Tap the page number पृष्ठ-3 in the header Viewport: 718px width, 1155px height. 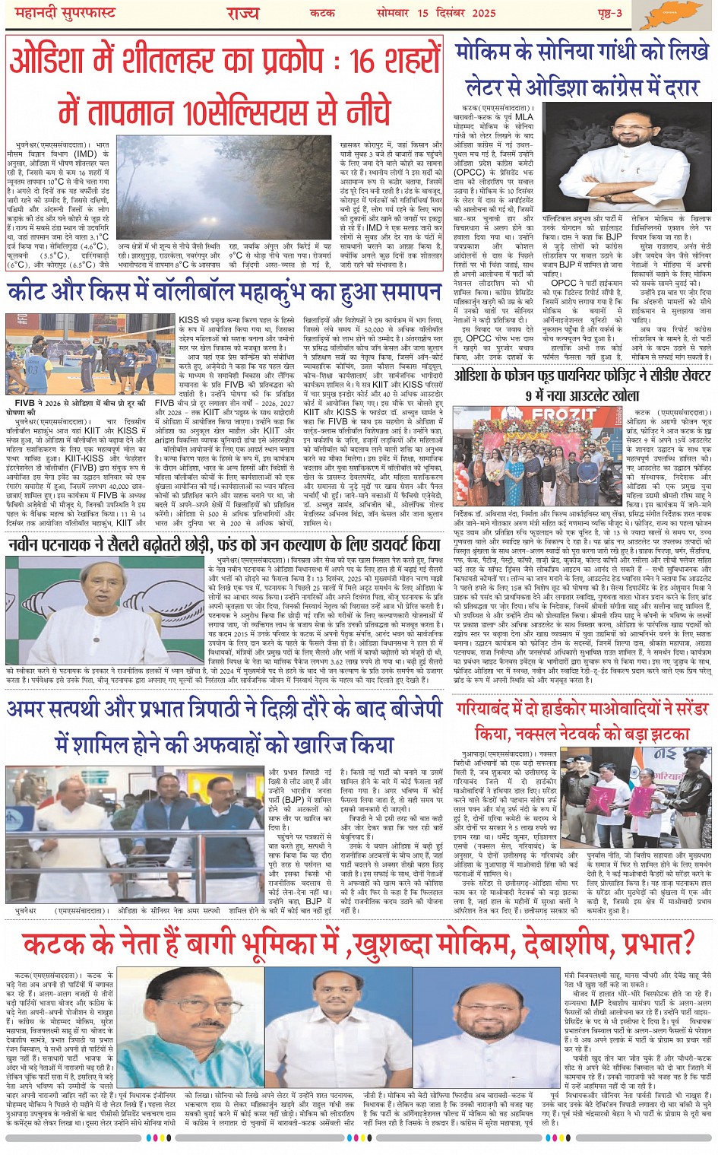[x=608, y=13]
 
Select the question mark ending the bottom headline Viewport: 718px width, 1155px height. [x=686, y=944]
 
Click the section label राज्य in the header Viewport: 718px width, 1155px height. [x=242, y=13]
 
